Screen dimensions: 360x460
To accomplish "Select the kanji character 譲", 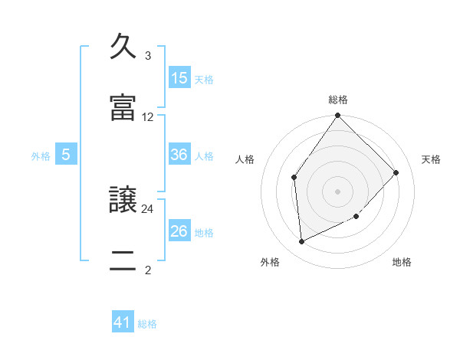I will click(x=123, y=200).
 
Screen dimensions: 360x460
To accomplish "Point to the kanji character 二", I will click(x=123, y=261).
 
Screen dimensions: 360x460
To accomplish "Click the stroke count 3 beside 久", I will click(x=147, y=56).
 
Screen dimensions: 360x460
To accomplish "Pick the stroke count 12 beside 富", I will click(x=148, y=117).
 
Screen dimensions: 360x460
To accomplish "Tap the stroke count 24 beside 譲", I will click(x=148, y=208).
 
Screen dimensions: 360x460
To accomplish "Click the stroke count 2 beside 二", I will click(x=147, y=270).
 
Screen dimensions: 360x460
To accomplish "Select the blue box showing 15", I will click(x=179, y=78).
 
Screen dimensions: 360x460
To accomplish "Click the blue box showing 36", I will click(x=179, y=155).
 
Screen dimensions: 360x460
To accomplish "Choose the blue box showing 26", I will click(x=179, y=231).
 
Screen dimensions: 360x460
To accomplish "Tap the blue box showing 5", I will click(x=66, y=155).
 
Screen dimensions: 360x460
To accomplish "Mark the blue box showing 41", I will click(x=123, y=323).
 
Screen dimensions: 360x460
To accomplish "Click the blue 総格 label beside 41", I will click(x=147, y=324).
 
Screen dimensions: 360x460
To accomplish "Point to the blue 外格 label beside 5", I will click(x=41, y=156).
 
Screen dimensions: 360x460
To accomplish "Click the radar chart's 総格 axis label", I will click(x=338, y=99).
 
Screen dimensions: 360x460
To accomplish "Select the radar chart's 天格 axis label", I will click(x=431, y=159).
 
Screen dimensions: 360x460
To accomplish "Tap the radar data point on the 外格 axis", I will click(x=302, y=242).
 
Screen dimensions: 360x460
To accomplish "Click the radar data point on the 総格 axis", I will click(x=338, y=116).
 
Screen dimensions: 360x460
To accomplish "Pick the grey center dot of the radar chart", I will click(x=338, y=191).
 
